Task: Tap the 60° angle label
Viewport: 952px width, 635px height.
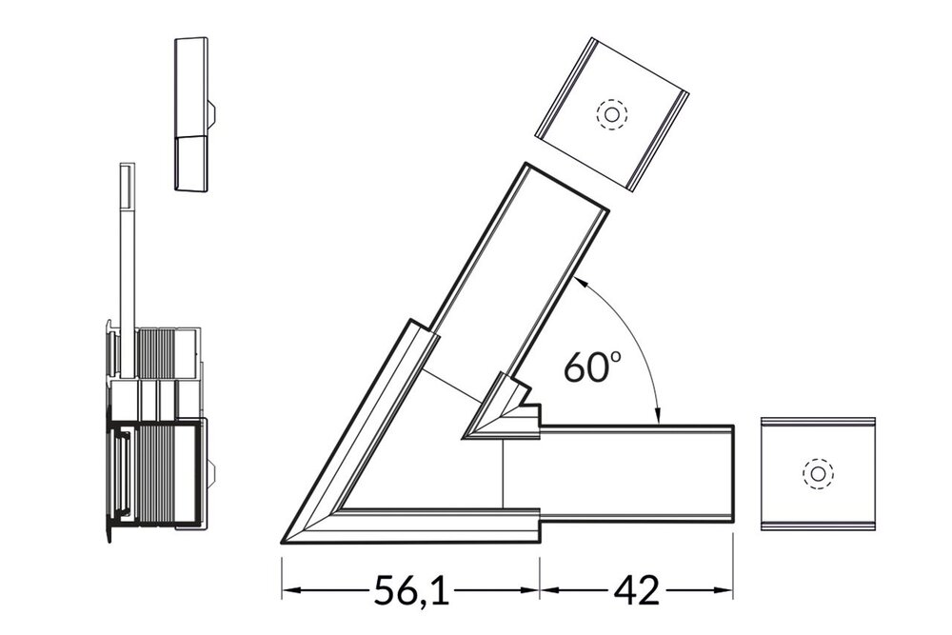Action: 591,367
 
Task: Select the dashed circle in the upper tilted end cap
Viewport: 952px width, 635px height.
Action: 611,115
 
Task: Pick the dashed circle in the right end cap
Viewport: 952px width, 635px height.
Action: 817,473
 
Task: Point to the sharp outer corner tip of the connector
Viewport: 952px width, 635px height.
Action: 285,542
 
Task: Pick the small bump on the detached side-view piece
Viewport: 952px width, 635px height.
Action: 212,116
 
